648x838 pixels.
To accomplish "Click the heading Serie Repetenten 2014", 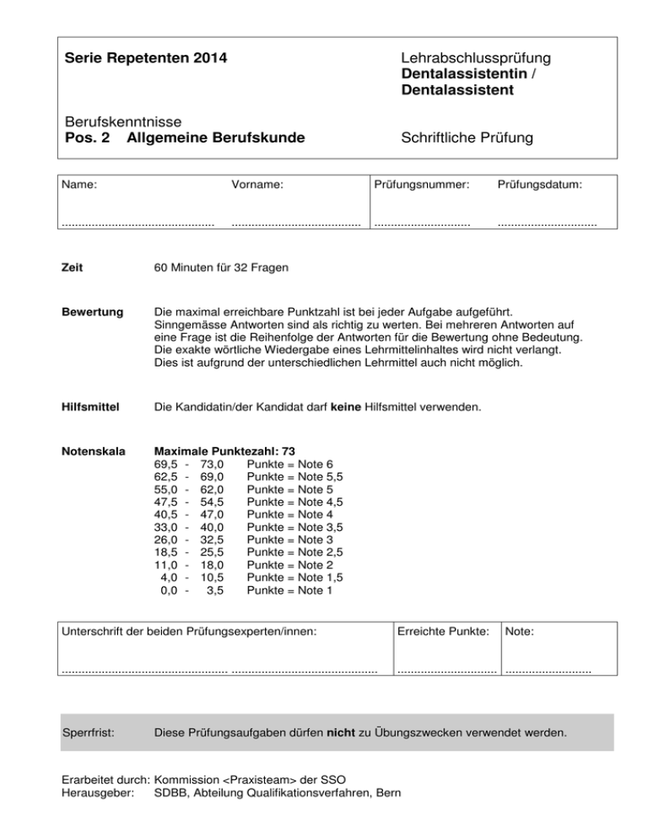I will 145,59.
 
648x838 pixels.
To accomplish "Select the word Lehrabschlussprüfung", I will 477,58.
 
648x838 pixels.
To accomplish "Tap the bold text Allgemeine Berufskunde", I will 215,137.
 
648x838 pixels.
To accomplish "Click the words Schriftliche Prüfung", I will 467,137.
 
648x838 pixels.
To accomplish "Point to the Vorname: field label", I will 257,183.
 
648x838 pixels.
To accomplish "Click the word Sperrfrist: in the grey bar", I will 91,731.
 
